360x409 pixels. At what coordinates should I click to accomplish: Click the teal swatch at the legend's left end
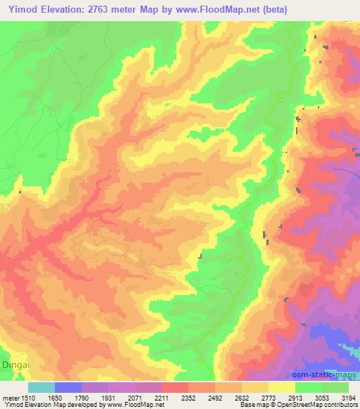pyautogui.click(x=41, y=387)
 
